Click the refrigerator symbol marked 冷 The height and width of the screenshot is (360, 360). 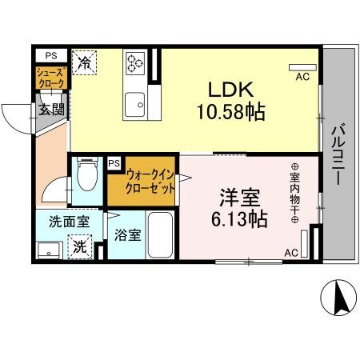pyautogui.click(x=84, y=62)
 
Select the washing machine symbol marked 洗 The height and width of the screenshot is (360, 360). pyautogui.click(x=81, y=247)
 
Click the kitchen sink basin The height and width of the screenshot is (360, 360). pyautogui.click(x=134, y=103)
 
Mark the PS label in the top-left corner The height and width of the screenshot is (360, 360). pyautogui.click(x=50, y=55)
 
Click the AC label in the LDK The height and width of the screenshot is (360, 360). pyautogui.click(x=302, y=77)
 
